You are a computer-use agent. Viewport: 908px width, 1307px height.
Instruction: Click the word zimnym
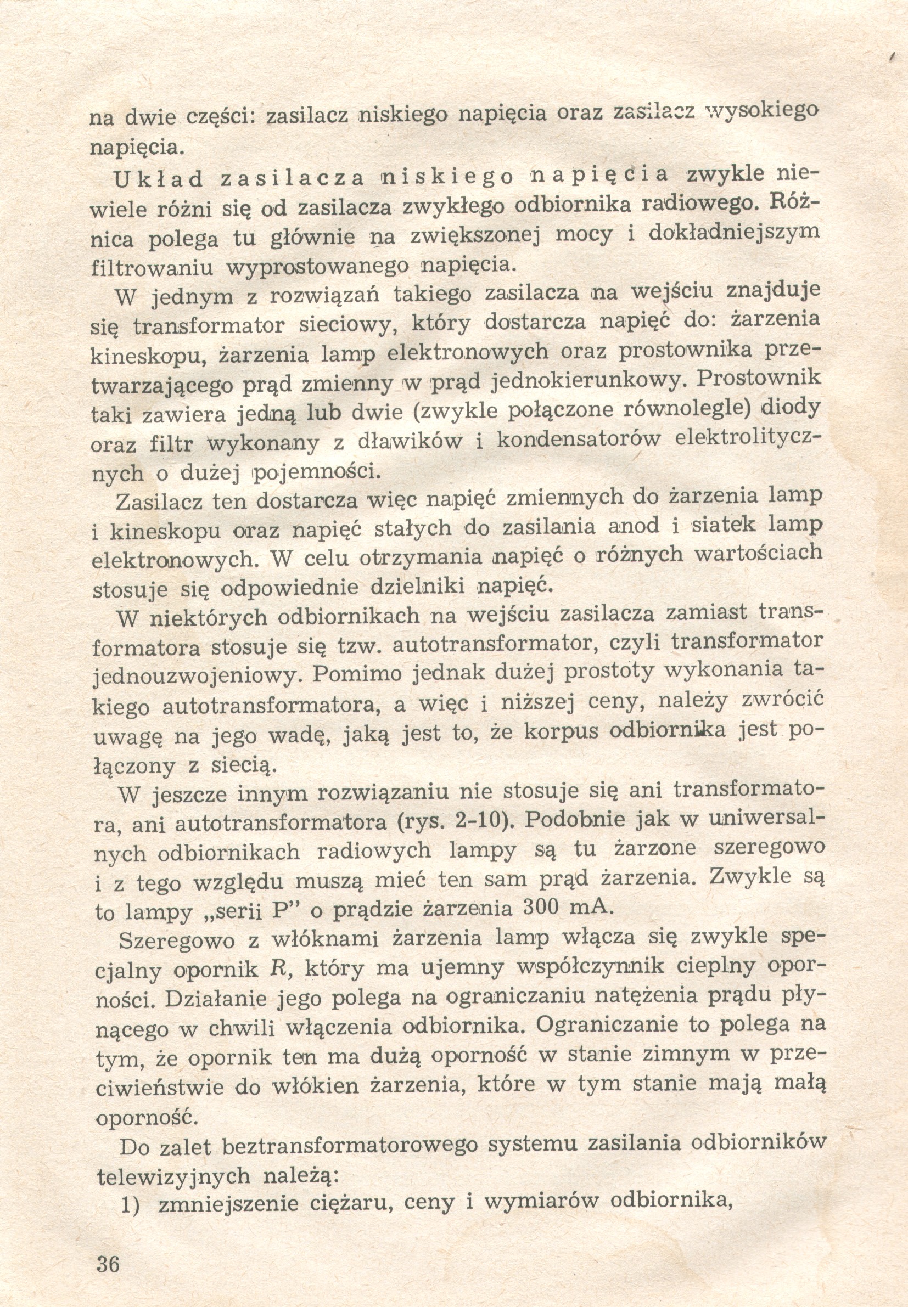[686, 1055]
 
